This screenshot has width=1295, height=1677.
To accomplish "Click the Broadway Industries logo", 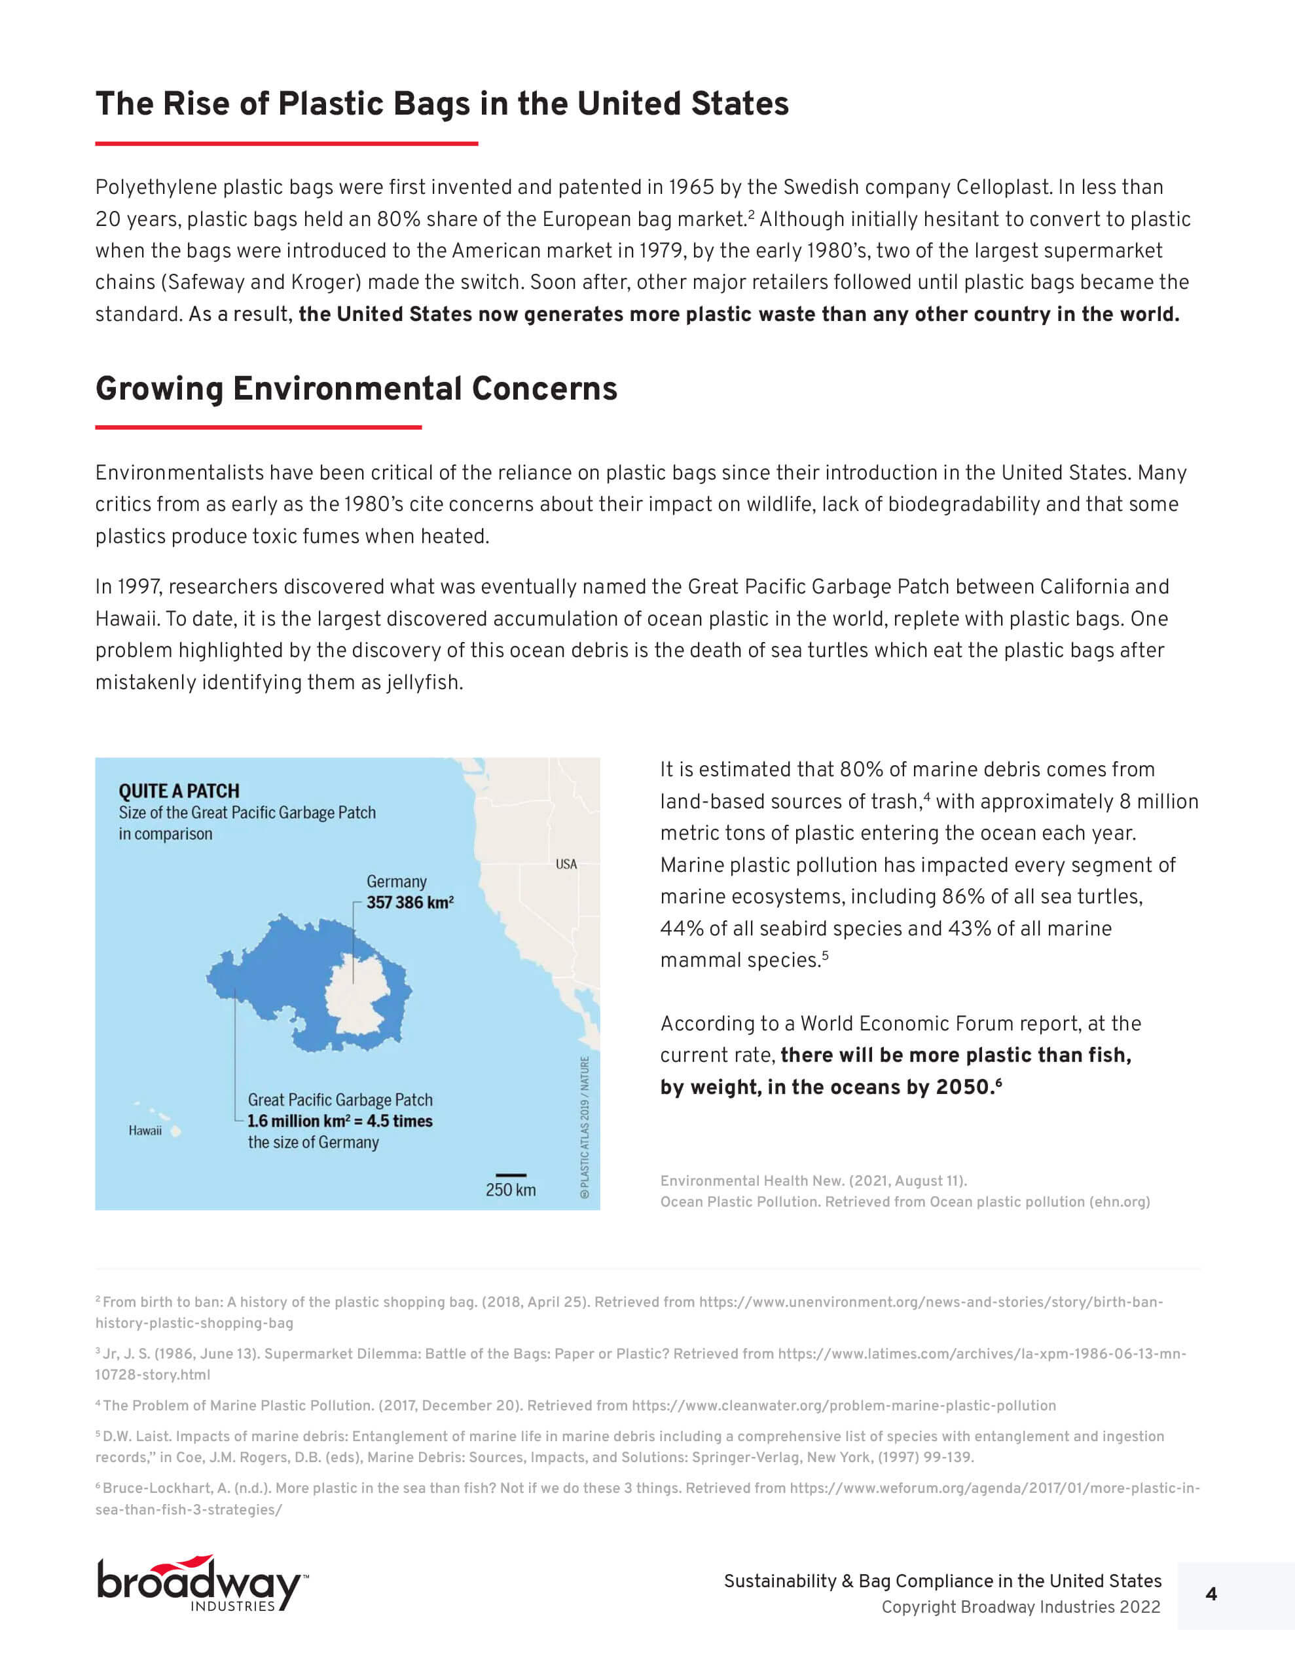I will point(201,1584).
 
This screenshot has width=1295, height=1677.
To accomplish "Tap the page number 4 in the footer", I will point(1211,1594).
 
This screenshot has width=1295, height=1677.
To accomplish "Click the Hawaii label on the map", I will point(145,1130).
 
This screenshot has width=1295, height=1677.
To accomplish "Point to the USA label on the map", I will point(566,864).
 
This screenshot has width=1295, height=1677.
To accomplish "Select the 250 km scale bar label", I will point(511,1190).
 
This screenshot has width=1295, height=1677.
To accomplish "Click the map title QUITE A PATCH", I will point(178,791).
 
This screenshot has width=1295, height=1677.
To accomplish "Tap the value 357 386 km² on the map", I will point(409,902).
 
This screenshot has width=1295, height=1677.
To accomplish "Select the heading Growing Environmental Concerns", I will point(356,388).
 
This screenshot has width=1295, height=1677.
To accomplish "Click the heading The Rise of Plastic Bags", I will point(441,104).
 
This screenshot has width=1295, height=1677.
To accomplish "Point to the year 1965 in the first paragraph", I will point(691,187).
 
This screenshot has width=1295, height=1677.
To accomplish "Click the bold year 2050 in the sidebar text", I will point(963,1087).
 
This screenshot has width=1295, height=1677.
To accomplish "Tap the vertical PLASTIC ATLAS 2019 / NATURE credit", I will point(585,1127).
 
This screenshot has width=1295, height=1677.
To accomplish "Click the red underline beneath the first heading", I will point(286,143).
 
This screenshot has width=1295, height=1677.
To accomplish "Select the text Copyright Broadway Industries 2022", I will point(1020,1607).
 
